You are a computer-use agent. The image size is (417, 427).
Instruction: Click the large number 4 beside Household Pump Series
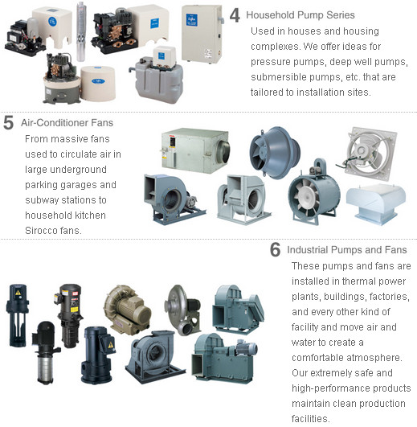(235, 15)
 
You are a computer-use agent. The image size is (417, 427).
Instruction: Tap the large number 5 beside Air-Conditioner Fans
(8, 122)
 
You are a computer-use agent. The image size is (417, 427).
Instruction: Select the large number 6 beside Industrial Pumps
(275, 249)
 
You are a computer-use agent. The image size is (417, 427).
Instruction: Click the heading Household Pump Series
(300, 15)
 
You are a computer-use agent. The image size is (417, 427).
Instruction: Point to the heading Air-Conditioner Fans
(67, 122)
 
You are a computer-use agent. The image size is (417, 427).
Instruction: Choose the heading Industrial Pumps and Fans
(347, 250)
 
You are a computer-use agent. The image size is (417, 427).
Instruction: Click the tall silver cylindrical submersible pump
(81, 31)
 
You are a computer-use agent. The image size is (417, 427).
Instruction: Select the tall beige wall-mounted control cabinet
(202, 34)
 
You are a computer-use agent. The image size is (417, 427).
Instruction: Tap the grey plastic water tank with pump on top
(157, 77)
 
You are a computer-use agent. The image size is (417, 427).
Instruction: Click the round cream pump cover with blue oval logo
(98, 83)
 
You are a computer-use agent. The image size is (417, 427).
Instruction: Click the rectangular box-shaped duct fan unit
(195, 150)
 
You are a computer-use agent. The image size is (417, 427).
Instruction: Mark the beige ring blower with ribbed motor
(127, 309)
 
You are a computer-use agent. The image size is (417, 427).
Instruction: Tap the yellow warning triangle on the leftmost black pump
(18, 293)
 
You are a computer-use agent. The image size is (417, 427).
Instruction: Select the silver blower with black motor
(183, 310)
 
